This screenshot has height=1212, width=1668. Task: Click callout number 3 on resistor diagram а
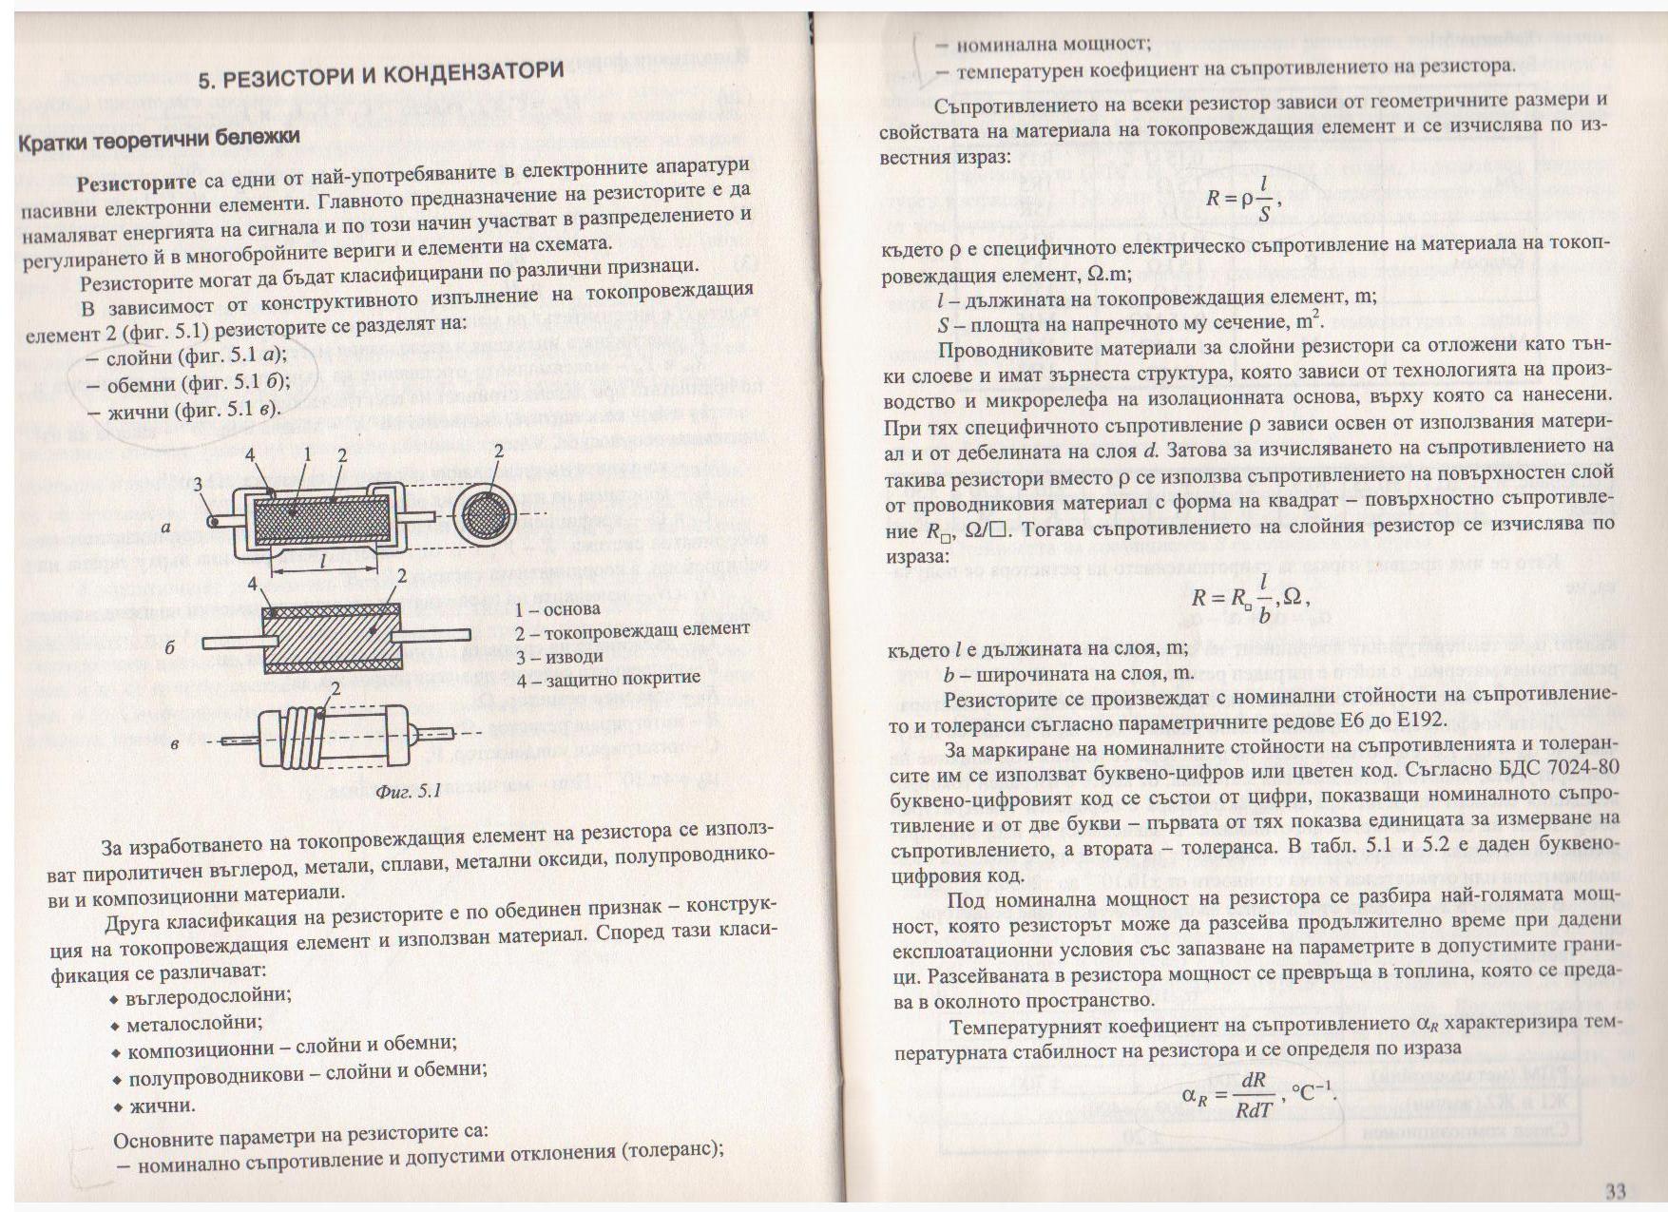[x=198, y=486]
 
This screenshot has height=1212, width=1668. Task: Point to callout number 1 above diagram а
[x=307, y=455]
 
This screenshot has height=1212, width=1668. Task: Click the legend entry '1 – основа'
[x=557, y=608]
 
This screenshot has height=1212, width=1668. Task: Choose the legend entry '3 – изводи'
[x=559, y=657]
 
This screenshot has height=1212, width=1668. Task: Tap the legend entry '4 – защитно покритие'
[x=608, y=679]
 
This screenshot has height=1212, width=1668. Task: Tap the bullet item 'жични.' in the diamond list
[x=162, y=1106]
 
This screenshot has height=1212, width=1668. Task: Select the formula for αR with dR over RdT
[x=1259, y=1094]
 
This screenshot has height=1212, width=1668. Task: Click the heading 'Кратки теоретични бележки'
[x=160, y=139]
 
